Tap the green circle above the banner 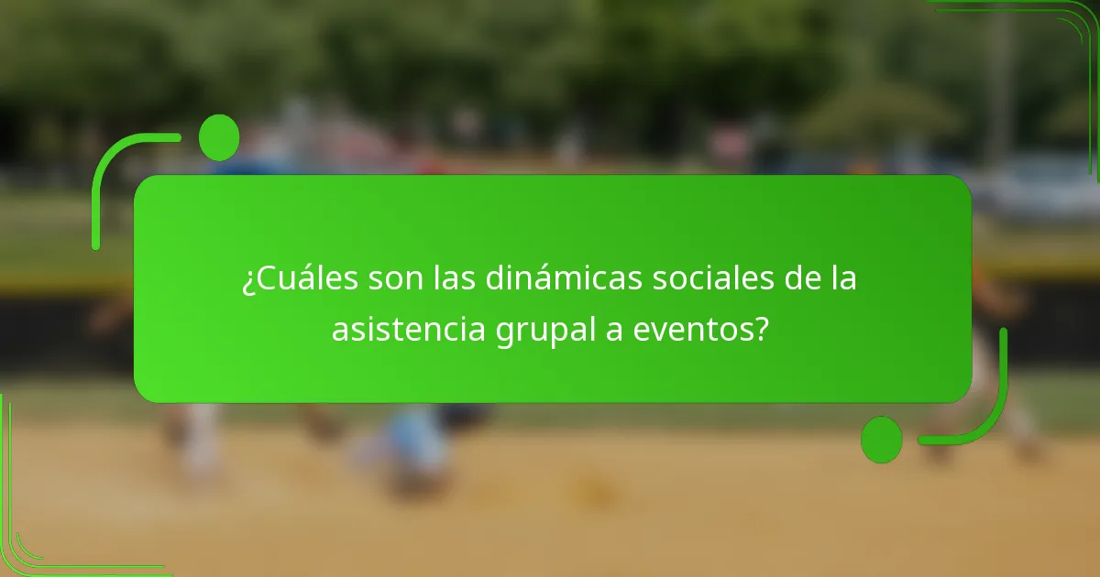pos(219,137)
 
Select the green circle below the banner pos(882,440)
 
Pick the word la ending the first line pos(844,279)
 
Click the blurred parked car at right pos(1036,188)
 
